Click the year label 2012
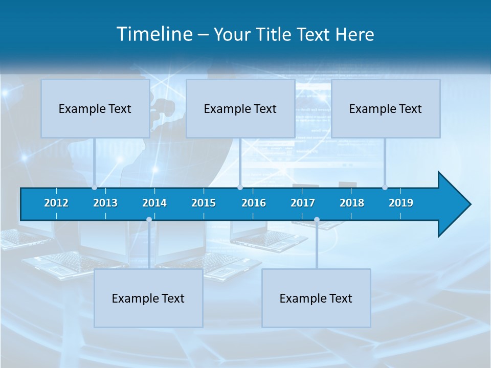pos(56,203)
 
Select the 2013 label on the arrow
pos(105,203)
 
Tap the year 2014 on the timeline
pos(154,203)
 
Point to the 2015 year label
pos(204,203)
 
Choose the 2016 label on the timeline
pos(254,203)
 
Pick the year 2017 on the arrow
pos(303,203)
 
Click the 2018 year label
pos(352,203)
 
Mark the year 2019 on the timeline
pos(401,203)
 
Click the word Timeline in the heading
pos(154,34)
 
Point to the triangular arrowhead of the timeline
pos(454,204)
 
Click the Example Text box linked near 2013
pos(95,108)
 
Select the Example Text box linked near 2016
pos(240,108)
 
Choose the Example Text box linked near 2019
pos(386,108)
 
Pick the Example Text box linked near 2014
pos(148,298)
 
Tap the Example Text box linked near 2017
pos(316,298)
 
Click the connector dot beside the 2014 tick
pos(149,220)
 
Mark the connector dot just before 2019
pos(385,188)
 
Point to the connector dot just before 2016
pos(240,188)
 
